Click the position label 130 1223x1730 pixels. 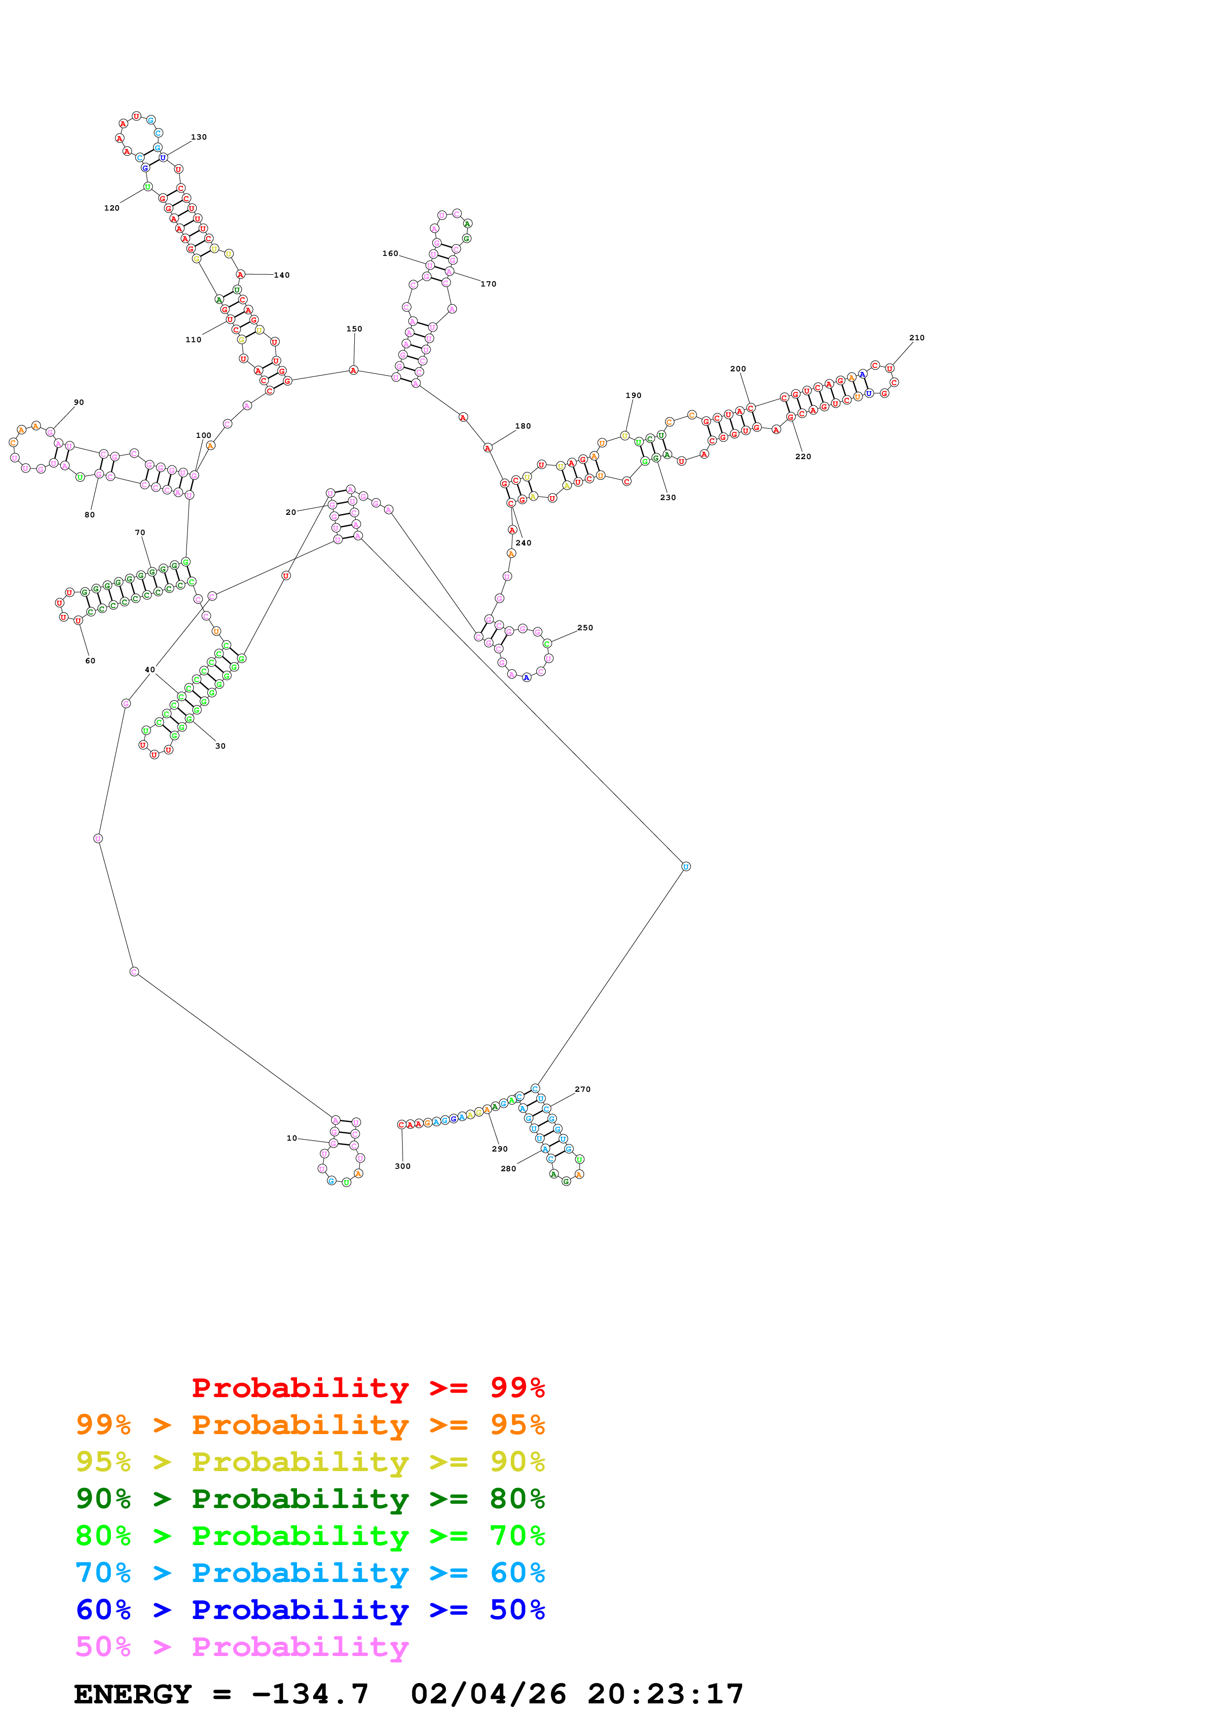coord(199,137)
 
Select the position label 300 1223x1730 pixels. coord(403,1166)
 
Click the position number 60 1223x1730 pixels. coord(90,661)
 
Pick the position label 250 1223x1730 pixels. coord(585,628)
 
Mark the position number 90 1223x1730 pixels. coord(79,402)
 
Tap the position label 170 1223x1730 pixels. coord(488,284)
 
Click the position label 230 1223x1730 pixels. coord(667,497)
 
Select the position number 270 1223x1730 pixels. coord(583,1089)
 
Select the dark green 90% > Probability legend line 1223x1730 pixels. coord(310,1499)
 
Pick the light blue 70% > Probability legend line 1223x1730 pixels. coord(310,1573)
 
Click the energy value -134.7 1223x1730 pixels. coord(310,1694)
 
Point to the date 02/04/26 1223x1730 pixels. coord(488,1694)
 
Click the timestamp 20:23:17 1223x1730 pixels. coord(666,1694)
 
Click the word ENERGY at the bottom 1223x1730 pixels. coord(133,1694)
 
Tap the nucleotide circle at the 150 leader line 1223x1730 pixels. coord(353,370)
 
